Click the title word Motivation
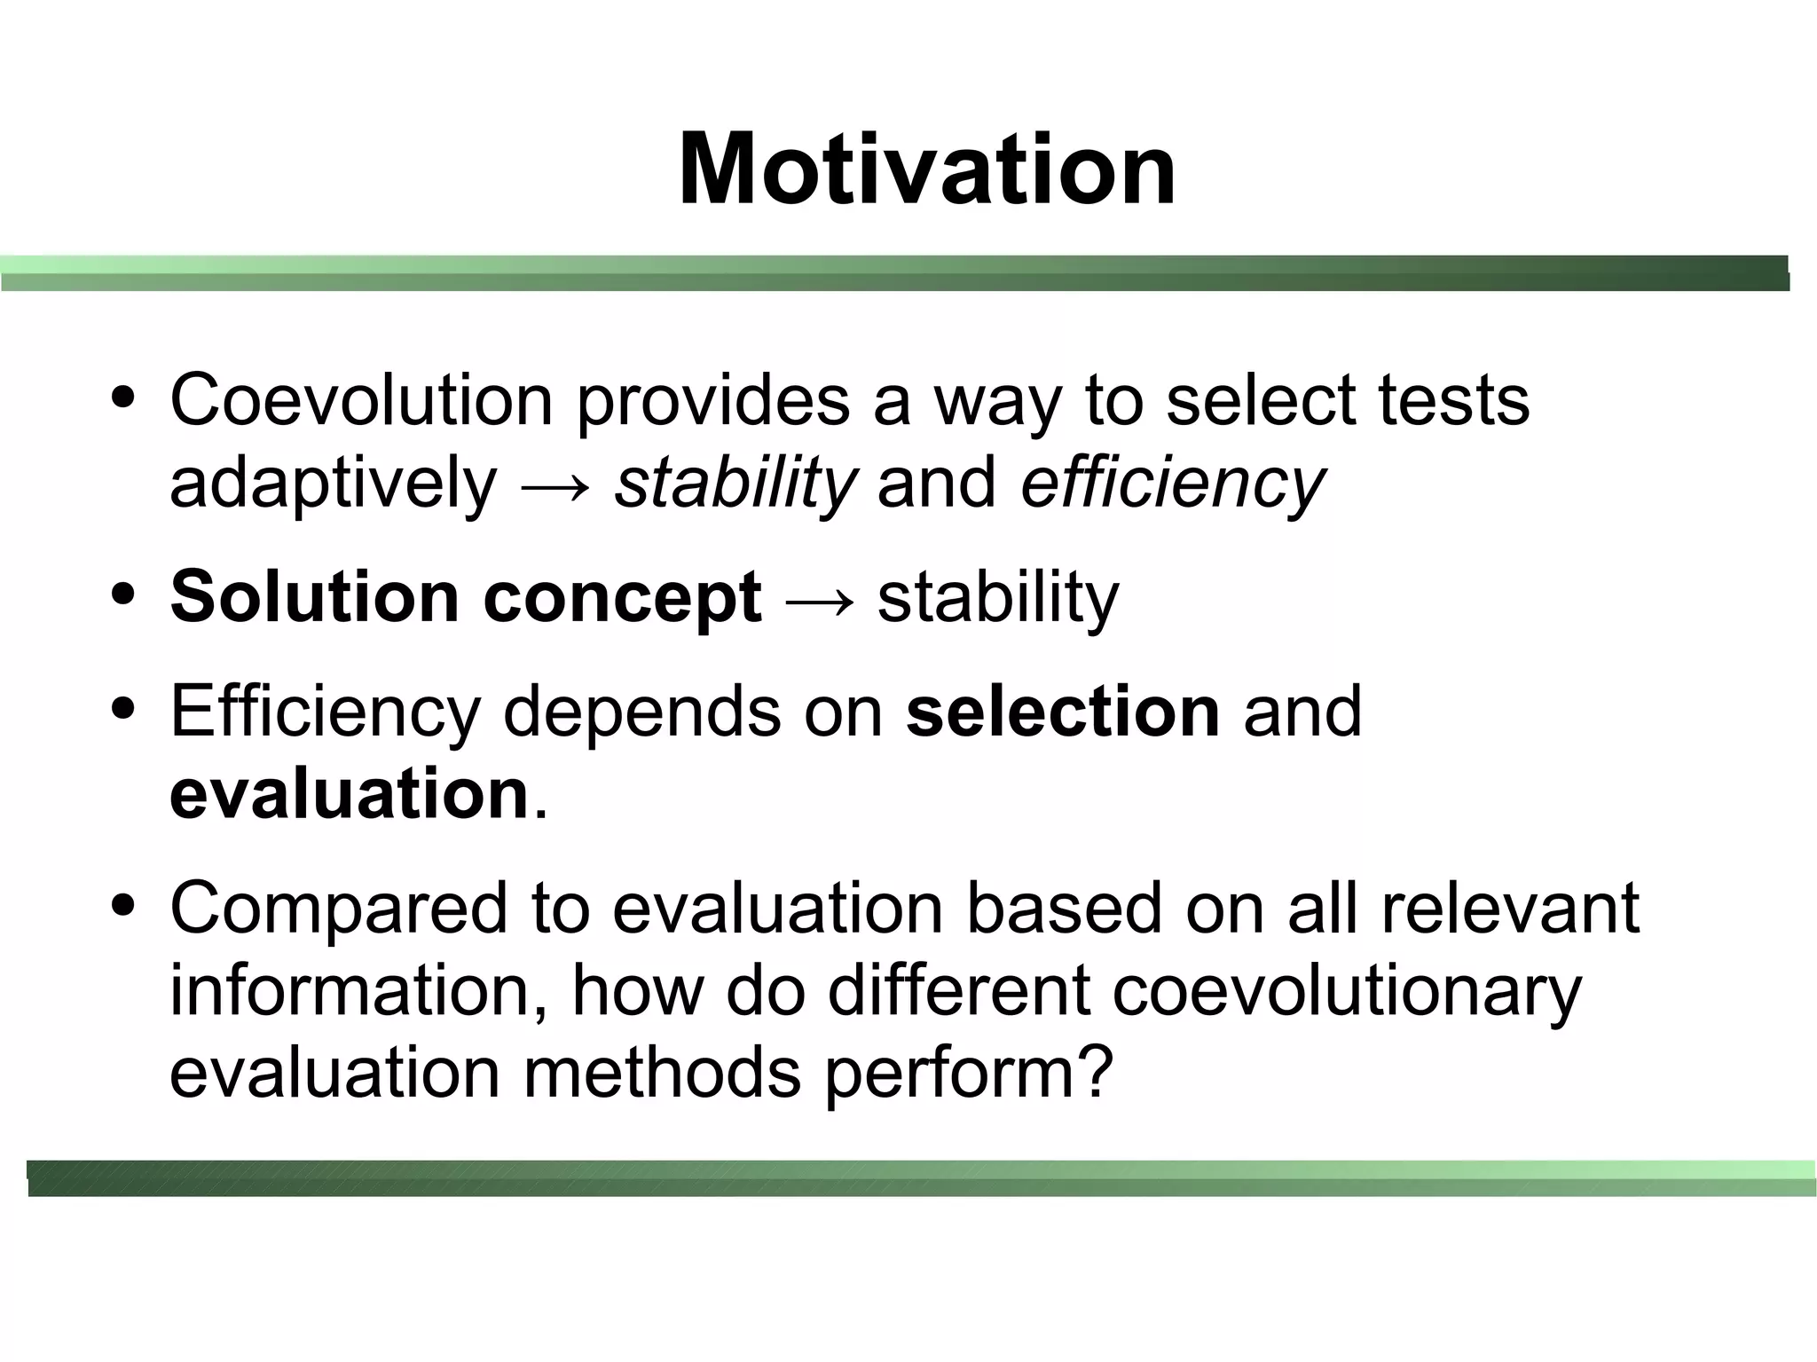tap(926, 169)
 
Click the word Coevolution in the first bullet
tap(362, 400)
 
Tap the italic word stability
tap(735, 484)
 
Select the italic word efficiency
tap(1172, 484)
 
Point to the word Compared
tap(339, 910)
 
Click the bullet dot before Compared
tap(123, 905)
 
